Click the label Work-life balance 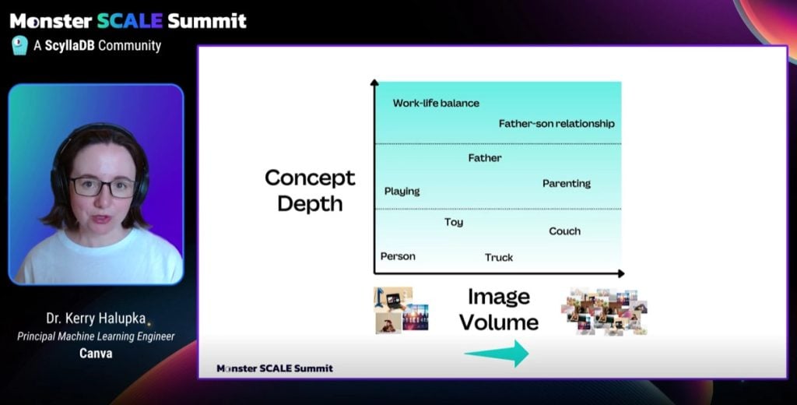(436, 104)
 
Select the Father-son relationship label (556, 124)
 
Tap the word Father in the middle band (485, 158)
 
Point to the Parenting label (567, 184)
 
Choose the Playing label (402, 192)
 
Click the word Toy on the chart (454, 222)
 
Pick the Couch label (565, 231)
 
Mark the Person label (398, 256)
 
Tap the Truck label (499, 258)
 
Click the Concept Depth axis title (310, 191)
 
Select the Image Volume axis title (499, 309)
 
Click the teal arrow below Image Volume (497, 353)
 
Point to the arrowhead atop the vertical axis (374, 82)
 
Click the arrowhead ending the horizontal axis (620, 273)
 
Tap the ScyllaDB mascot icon (19, 45)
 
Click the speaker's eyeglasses (103, 187)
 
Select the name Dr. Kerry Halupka (96, 319)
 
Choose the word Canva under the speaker (96, 353)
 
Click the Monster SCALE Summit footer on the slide (275, 368)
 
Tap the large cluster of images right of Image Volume (604, 311)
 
